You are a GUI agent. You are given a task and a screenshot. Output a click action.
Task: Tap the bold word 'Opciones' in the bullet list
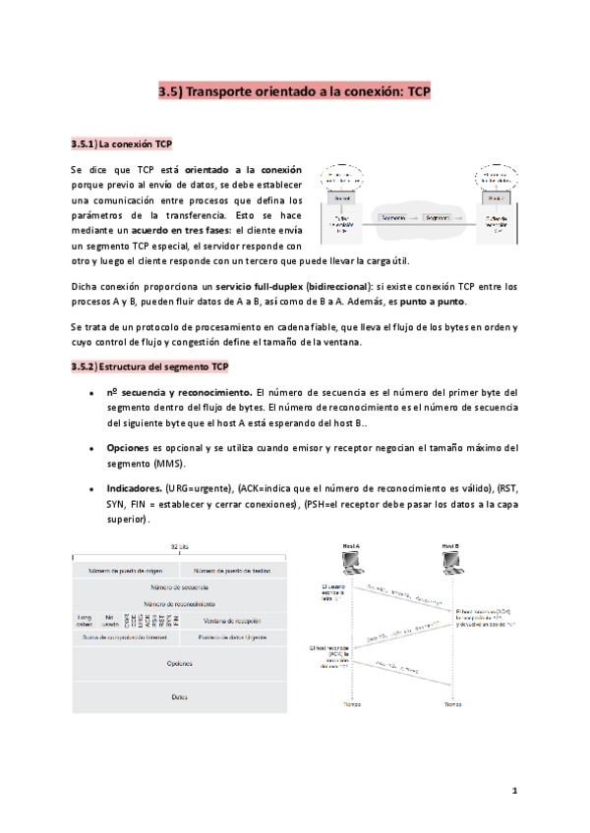tap(127, 448)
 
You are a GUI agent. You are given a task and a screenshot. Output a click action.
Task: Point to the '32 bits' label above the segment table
tap(179, 547)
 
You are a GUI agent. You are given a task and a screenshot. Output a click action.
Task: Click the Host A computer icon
tap(350, 562)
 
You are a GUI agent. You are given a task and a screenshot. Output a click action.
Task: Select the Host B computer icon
tap(452, 562)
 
